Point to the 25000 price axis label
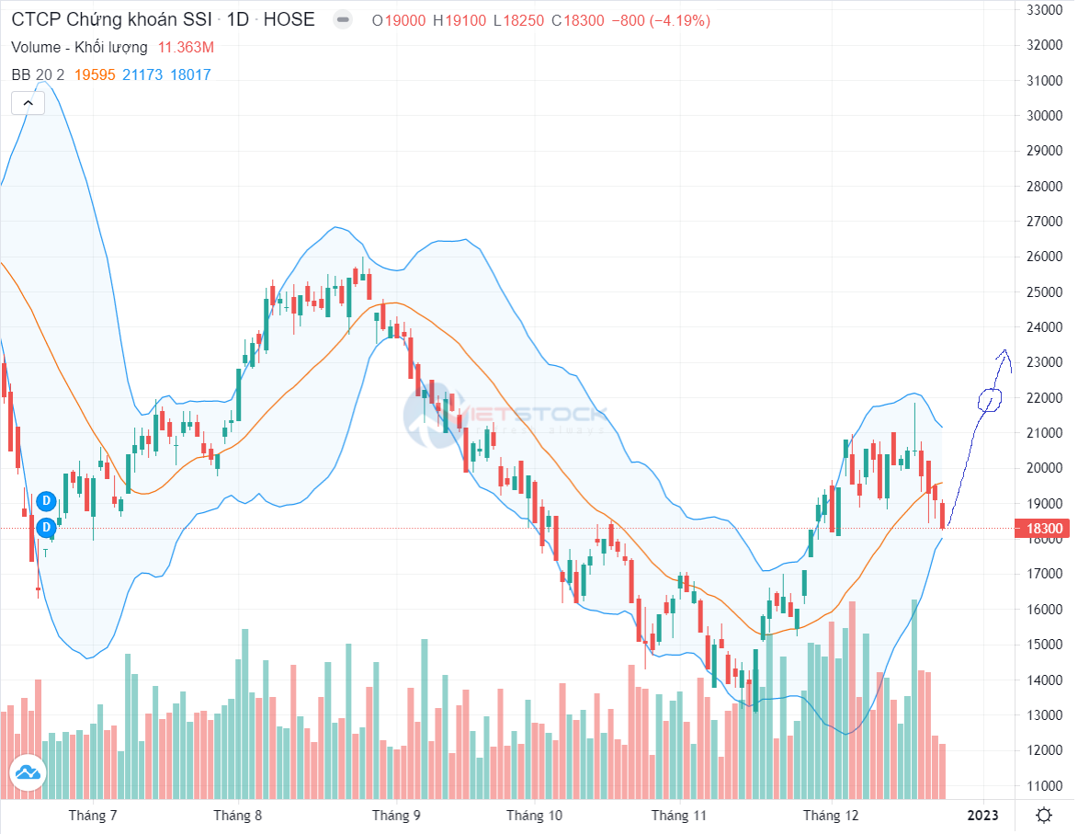[x=1045, y=292]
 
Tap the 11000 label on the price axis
[x=1045, y=786]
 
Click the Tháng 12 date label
[x=830, y=816]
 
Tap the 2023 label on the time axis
[x=982, y=816]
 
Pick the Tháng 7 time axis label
[x=93, y=816]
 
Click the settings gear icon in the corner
[x=1044, y=816]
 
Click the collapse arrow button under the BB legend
[x=28, y=103]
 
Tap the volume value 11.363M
[x=187, y=47]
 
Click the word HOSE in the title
[x=289, y=19]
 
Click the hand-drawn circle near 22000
[x=990, y=399]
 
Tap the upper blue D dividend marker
[x=46, y=501]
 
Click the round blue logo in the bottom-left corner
[x=27, y=772]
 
